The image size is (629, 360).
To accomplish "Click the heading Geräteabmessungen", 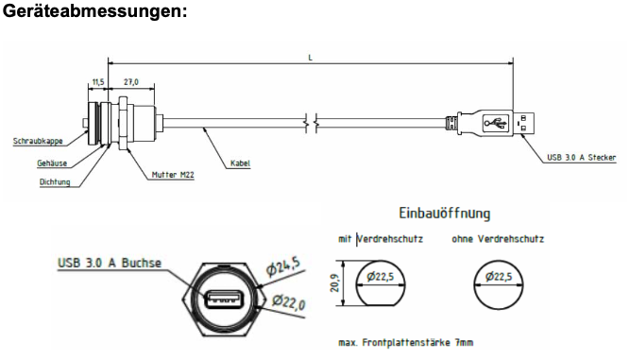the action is (x=94, y=10).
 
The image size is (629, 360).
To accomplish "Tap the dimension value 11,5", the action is (x=98, y=82).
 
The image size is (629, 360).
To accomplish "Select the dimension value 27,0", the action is (x=131, y=82).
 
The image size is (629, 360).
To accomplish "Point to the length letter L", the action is (x=310, y=58).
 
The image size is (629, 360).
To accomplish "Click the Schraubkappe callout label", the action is (x=38, y=141).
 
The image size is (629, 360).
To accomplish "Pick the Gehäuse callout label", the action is (x=52, y=163).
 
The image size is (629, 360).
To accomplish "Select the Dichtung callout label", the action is (x=55, y=181).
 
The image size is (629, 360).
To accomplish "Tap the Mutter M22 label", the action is (x=173, y=175).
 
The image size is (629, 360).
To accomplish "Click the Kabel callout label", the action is (x=240, y=163).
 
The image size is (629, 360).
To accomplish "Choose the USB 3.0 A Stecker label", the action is (x=582, y=158).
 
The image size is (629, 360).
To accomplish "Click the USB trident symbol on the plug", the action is (x=496, y=123).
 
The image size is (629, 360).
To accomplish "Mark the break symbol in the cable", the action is (x=312, y=123).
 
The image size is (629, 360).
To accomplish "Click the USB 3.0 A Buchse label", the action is (x=110, y=263).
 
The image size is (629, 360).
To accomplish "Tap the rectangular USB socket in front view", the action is (x=224, y=300).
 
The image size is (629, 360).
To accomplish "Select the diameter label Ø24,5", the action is (x=283, y=266).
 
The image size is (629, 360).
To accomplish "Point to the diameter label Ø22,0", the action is (x=289, y=301).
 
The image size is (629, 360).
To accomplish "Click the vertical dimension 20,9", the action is (x=334, y=283).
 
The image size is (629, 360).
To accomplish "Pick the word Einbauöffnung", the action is (x=445, y=214).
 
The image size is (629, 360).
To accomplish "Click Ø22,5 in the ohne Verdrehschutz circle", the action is (x=499, y=276).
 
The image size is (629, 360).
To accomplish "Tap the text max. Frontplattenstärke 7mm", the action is (x=406, y=342).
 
